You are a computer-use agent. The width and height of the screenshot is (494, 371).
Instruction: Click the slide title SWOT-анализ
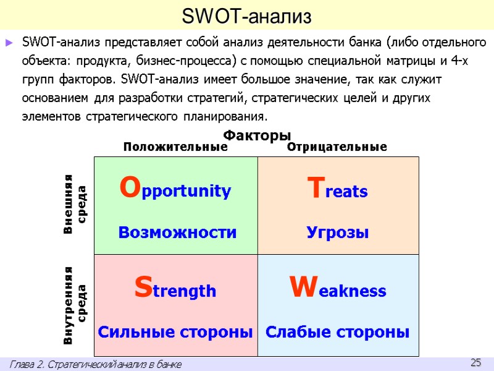click(x=246, y=16)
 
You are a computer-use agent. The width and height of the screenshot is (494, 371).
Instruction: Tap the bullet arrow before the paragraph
click(x=9, y=43)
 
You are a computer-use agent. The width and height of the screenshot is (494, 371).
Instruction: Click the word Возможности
click(x=177, y=232)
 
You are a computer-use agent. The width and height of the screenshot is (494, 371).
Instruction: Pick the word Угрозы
click(x=338, y=232)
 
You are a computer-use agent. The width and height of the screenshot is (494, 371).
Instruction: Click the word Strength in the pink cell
click(x=175, y=289)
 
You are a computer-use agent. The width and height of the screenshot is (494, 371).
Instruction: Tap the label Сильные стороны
click(x=175, y=332)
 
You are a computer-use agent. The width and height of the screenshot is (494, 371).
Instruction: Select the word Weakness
click(x=337, y=289)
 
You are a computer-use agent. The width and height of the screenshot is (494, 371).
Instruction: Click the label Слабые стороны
click(x=338, y=332)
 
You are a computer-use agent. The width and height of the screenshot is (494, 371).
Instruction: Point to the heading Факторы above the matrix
click(x=256, y=135)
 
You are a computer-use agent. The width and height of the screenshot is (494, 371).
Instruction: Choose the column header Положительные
click(x=175, y=147)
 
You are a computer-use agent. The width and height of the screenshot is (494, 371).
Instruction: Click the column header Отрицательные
click(x=337, y=147)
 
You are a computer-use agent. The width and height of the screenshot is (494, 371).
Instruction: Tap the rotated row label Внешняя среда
click(x=75, y=205)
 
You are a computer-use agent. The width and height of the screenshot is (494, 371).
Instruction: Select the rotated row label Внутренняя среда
click(x=75, y=305)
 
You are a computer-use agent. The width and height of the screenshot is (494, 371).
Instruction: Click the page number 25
click(x=475, y=362)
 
